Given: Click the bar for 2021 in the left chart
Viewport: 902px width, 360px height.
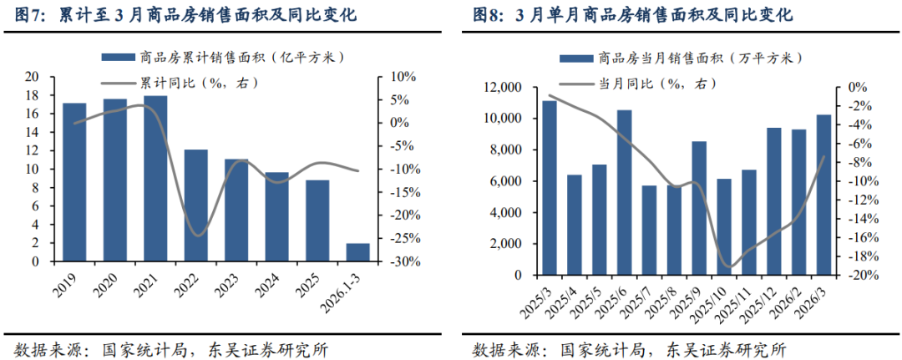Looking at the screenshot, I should [x=155, y=179].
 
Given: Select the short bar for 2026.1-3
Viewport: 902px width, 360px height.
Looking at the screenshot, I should [x=358, y=252].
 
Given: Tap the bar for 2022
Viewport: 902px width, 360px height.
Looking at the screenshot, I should [x=196, y=205].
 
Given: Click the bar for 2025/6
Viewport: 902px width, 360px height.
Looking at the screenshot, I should [x=624, y=192].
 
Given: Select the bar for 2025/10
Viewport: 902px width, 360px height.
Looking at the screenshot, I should [x=724, y=226].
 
